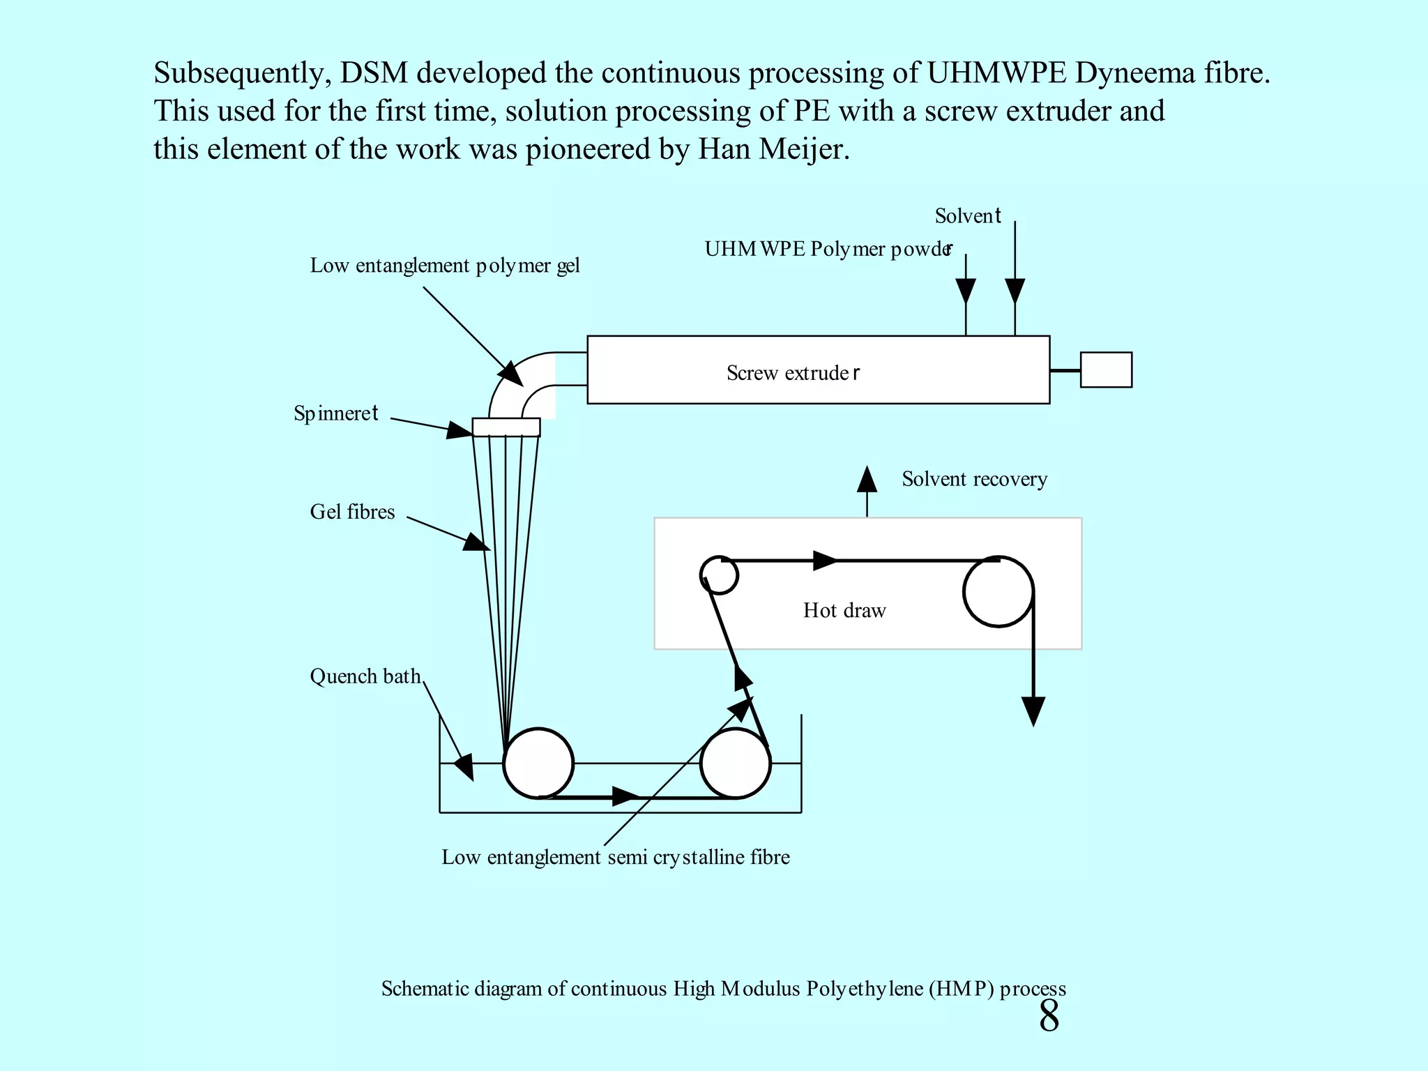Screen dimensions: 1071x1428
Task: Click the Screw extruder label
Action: point(793,373)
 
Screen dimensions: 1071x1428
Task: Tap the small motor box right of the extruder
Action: point(1106,370)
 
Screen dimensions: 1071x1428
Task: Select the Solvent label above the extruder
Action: point(968,216)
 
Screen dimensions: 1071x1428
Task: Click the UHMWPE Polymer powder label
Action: point(828,249)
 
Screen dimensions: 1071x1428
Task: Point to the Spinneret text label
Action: point(336,413)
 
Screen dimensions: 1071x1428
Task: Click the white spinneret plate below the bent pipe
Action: point(506,427)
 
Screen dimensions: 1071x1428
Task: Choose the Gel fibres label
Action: point(352,512)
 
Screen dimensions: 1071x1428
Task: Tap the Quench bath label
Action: point(365,676)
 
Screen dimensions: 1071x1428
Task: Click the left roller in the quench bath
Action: point(538,764)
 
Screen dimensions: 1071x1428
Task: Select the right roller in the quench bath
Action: point(736,764)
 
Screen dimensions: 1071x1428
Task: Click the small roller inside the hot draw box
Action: point(719,575)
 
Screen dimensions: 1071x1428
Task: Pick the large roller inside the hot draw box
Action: point(998,592)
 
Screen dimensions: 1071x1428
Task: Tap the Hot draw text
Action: point(844,611)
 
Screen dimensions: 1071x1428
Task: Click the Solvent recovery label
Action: point(974,479)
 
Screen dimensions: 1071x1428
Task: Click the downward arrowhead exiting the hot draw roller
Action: point(1033,711)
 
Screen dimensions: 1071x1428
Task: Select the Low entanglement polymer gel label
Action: point(445,266)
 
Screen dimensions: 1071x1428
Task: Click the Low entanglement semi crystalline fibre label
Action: point(616,857)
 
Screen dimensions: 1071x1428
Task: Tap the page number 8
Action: point(1049,1016)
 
